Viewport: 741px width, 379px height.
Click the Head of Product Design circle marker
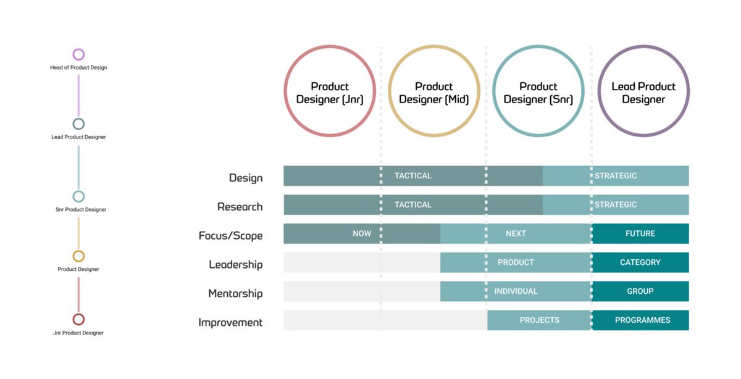pos(78,54)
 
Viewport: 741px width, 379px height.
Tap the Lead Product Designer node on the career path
pos(78,124)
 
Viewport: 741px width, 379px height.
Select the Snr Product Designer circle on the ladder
pos(78,196)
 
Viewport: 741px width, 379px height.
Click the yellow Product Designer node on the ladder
pos(78,256)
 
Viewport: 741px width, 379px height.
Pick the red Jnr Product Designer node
pos(78,319)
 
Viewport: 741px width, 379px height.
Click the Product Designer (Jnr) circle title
pos(330,93)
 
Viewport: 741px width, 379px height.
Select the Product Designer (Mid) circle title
pos(433,93)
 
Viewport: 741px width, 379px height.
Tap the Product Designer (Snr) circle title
pos(538,93)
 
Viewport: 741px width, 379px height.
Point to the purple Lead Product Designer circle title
pos(643,93)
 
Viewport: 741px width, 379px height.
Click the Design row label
pos(246,178)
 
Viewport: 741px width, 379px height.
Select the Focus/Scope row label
pos(230,236)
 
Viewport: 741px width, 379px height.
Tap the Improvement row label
pos(230,322)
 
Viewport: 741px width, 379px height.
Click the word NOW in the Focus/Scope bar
pos(362,233)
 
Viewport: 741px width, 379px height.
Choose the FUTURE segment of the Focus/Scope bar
pos(640,233)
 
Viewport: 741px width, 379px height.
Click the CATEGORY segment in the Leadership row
pos(640,262)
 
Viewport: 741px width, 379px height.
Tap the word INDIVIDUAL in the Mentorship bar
pos(516,291)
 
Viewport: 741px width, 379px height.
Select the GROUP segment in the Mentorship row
pos(640,291)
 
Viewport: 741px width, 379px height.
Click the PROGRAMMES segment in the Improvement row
pos(642,320)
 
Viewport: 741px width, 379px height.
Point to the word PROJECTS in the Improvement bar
pos(539,320)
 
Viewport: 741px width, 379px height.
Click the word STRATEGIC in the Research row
pos(616,204)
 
